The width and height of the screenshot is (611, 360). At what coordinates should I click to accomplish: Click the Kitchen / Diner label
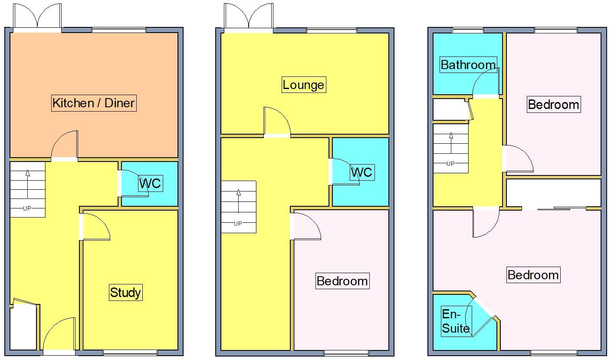pyautogui.click(x=94, y=103)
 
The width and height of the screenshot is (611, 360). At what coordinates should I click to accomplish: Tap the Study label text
pyautogui.click(x=125, y=292)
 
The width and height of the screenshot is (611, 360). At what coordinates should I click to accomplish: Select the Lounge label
pyautogui.click(x=303, y=84)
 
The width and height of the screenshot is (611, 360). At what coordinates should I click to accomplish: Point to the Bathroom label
pyautogui.click(x=468, y=65)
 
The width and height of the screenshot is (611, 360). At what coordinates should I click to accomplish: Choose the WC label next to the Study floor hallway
pyautogui.click(x=150, y=183)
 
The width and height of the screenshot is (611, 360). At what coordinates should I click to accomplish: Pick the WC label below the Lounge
pyautogui.click(x=361, y=172)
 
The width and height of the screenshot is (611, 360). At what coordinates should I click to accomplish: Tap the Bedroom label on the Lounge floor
pyautogui.click(x=342, y=281)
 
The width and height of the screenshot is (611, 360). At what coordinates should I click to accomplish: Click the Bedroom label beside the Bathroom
pyautogui.click(x=553, y=104)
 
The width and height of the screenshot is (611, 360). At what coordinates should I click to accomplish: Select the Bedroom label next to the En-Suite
pyautogui.click(x=533, y=275)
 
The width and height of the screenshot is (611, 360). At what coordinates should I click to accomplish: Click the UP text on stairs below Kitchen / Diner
pyautogui.click(x=27, y=208)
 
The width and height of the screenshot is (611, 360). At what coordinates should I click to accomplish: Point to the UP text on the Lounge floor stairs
pyautogui.click(x=238, y=224)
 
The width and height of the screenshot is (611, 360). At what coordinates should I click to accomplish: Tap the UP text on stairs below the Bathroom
pyautogui.click(x=450, y=164)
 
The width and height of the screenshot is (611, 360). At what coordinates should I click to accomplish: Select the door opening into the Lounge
pyautogui.click(x=277, y=122)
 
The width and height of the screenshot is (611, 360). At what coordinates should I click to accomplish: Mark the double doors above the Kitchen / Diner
pyautogui.click(x=38, y=17)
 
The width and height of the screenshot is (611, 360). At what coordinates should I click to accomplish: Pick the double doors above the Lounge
pyautogui.click(x=249, y=17)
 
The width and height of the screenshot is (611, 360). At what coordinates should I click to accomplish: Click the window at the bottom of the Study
pyautogui.click(x=130, y=353)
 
